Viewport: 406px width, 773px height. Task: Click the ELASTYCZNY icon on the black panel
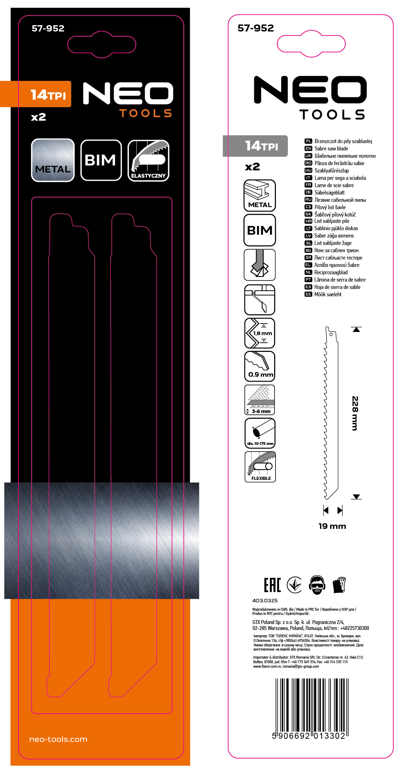click(x=148, y=161)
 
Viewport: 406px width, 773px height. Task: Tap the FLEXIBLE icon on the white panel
click(x=260, y=467)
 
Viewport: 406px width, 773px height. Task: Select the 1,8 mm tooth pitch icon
click(x=260, y=333)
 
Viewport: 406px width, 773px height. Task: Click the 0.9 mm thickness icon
click(x=260, y=366)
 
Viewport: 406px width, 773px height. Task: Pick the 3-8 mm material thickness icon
click(x=260, y=399)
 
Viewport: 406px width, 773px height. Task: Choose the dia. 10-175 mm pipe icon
click(x=260, y=433)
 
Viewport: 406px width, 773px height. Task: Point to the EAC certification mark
click(x=272, y=585)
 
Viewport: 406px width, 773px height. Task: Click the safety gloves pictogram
click(x=339, y=585)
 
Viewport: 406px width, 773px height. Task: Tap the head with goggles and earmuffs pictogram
click(x=317, y=585)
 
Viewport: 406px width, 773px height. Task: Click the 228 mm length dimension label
click(x=355, y=413)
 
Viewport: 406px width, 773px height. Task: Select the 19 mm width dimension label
click(x=332, y=526)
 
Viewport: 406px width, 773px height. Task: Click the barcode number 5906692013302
click(x=308, y=736)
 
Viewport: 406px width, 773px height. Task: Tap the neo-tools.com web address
click(x=58, y=739)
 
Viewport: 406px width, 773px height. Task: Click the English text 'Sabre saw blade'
click(x=331, y=149)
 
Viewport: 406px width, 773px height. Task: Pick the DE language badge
click(x=308, y=192)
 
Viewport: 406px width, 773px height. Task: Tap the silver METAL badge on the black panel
click(x=53, y=161)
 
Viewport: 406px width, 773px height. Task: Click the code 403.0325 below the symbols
click(x=265, y=601)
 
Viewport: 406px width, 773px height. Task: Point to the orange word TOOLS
click(x=145, y=113)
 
